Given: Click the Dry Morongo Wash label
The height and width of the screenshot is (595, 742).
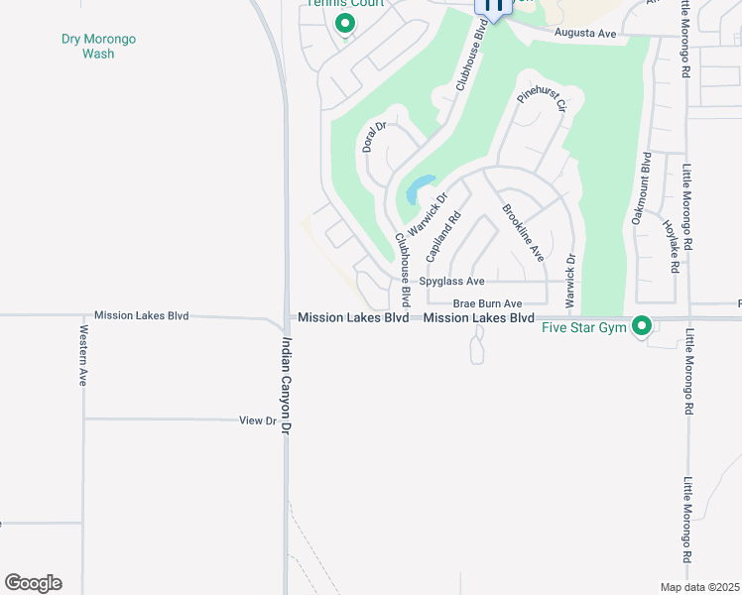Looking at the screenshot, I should tap(98, 47).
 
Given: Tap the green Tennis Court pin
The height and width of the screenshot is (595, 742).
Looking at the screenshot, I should tap(345, 23).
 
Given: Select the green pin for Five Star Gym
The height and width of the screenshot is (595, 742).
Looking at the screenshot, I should tap(642, 324).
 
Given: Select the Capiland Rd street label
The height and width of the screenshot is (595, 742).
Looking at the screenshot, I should tap(443, 236).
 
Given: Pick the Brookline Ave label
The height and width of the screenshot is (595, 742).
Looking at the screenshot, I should tap(524, 233).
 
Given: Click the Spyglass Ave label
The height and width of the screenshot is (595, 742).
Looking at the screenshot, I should tap(450, 282).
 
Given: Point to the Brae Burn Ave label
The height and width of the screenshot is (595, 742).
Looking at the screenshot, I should tap(487, 303).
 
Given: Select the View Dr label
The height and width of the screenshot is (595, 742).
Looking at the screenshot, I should tap(258, 420).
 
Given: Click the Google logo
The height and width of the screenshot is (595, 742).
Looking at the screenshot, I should tap(33, 583).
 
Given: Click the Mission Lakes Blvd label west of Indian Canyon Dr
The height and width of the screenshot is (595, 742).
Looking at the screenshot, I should tap(141, 315).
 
